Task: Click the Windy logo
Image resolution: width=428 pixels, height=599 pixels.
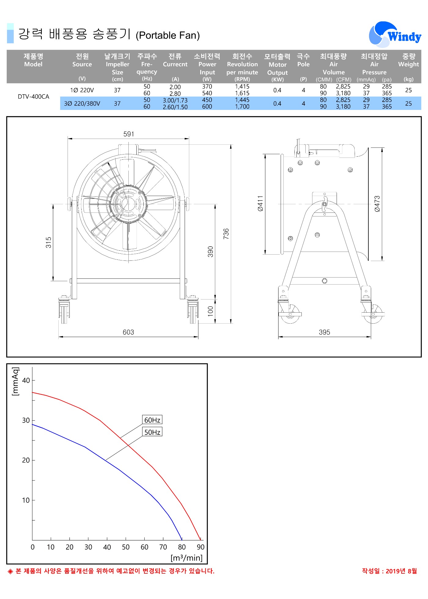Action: tap(395, 35)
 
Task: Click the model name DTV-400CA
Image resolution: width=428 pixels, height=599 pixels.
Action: tap(33, 97)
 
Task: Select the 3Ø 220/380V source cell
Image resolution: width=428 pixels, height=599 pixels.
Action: tap(82, 103)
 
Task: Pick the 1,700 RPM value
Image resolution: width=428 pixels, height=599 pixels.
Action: tap(242, 107)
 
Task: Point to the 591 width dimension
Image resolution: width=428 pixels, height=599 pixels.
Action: tap(129, 134)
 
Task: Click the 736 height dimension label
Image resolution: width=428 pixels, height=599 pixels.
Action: tap(226, 234)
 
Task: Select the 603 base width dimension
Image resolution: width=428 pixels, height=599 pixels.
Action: tap(128, 332)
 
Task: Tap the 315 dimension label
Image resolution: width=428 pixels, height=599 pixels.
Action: tap(48, 242)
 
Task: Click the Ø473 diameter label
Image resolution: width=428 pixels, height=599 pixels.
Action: tap(377, 204)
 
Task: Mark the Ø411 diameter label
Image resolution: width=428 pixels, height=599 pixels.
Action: tap(260, 203)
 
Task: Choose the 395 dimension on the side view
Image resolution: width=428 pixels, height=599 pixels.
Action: tap(324, 332)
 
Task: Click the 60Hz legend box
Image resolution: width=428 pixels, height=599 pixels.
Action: tap(152, 420)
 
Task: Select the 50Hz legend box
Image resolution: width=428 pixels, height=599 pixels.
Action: tap(152, 432)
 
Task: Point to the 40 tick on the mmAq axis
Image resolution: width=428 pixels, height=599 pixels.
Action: tap(26, 380)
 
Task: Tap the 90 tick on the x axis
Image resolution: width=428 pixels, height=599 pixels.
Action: tap(201, 547)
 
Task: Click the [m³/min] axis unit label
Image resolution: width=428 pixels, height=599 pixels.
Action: tap(186, 558)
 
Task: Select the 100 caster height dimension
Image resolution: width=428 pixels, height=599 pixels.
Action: tap(210, 311)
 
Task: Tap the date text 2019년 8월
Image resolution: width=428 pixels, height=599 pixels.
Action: tap(401, 571)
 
